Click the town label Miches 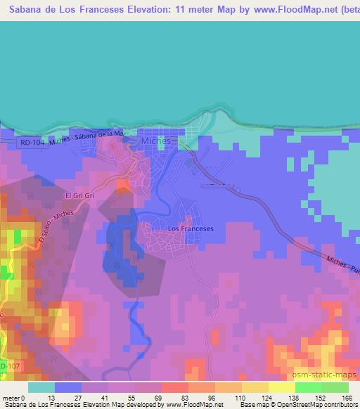[x=156, y=141]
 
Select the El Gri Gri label [x=79, y=195]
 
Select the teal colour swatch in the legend [x=41, y=387]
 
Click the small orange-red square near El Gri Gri [x=122, y=186]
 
